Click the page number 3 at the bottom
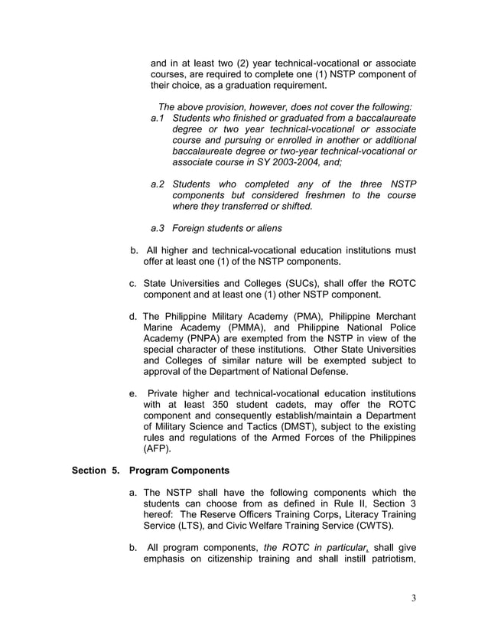[413, 598]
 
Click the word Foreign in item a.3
[191, 228]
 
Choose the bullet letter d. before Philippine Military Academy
[134, 316]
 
